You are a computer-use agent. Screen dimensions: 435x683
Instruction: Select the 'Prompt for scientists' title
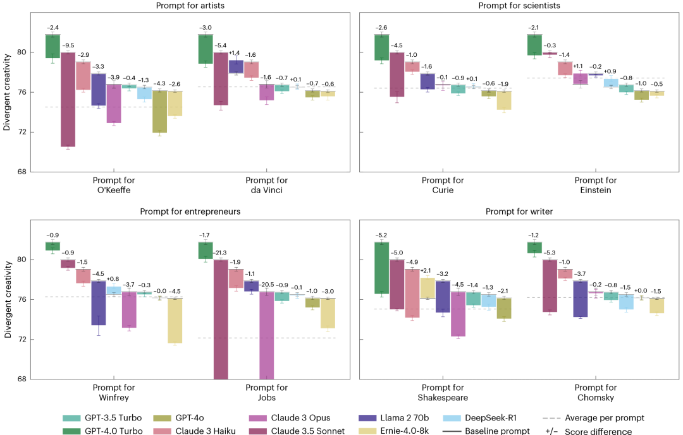coord(519,6)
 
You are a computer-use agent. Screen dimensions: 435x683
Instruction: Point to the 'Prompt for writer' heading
coord(519,212)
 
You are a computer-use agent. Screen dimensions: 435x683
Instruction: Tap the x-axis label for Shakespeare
coord(443,392)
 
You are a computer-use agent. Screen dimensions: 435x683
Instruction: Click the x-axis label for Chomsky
coord(595,392)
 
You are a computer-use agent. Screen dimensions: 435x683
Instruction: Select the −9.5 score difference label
coord(68,45)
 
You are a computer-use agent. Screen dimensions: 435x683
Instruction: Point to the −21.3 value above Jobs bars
coord(221,253)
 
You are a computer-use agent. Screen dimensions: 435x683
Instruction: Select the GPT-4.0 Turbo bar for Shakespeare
coord(381,268)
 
